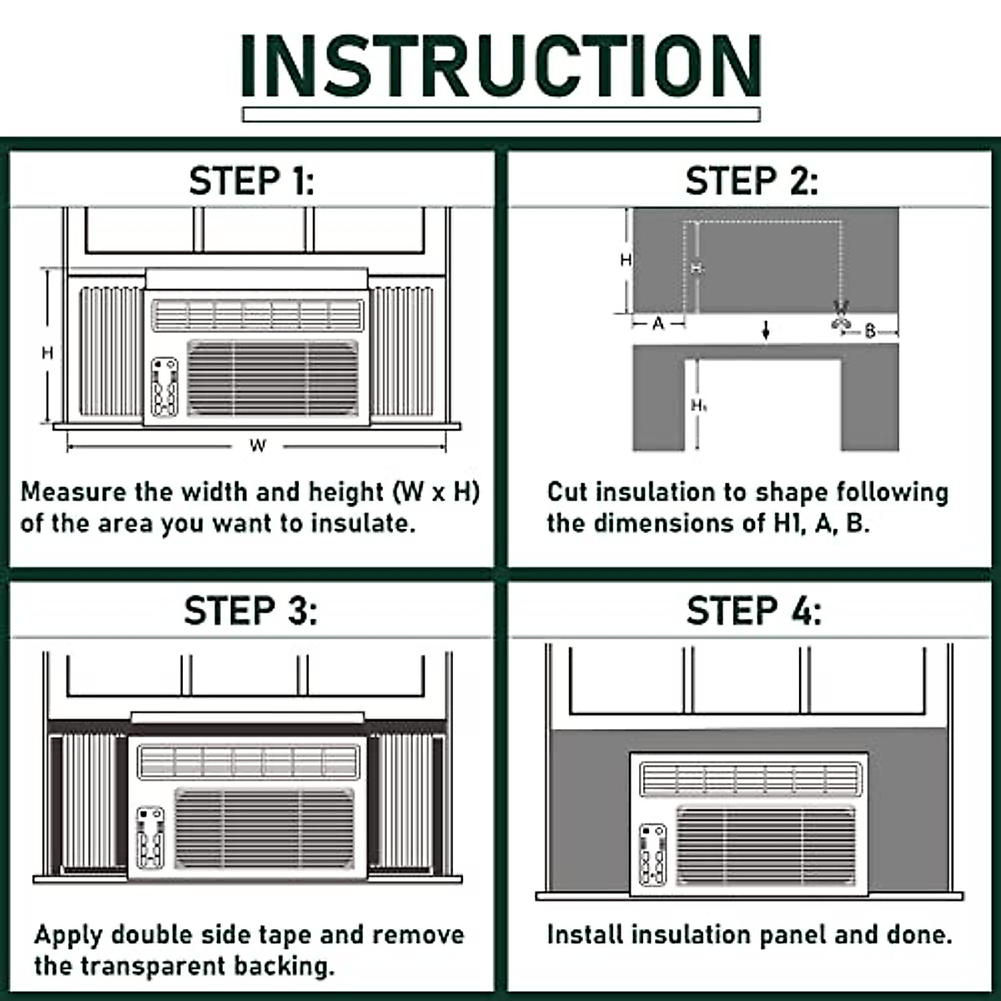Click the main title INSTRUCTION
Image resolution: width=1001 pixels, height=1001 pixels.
click(500, 67)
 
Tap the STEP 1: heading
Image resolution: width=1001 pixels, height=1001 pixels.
click(252, 181)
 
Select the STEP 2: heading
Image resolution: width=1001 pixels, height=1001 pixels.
click(751, 181)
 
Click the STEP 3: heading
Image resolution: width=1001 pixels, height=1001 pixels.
click(250, 611)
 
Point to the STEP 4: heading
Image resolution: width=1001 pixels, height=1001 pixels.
click(753, 611)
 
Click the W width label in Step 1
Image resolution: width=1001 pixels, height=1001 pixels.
click(258, 446)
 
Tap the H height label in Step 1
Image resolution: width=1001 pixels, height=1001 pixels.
click(48, 353)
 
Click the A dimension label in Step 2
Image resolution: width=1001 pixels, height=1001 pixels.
click(658, 324)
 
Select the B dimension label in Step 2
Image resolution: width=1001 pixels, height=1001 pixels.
click(870, 331)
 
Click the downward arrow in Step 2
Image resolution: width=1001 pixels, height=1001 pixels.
click(766, 330)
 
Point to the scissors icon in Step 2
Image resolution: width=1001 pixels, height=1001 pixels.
click(840, 316)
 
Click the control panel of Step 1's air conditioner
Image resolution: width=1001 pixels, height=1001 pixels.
click(164, 387)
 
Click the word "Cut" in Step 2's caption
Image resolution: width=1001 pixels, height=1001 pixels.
click(567, 492)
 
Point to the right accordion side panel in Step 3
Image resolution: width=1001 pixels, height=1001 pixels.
click(404, 801)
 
